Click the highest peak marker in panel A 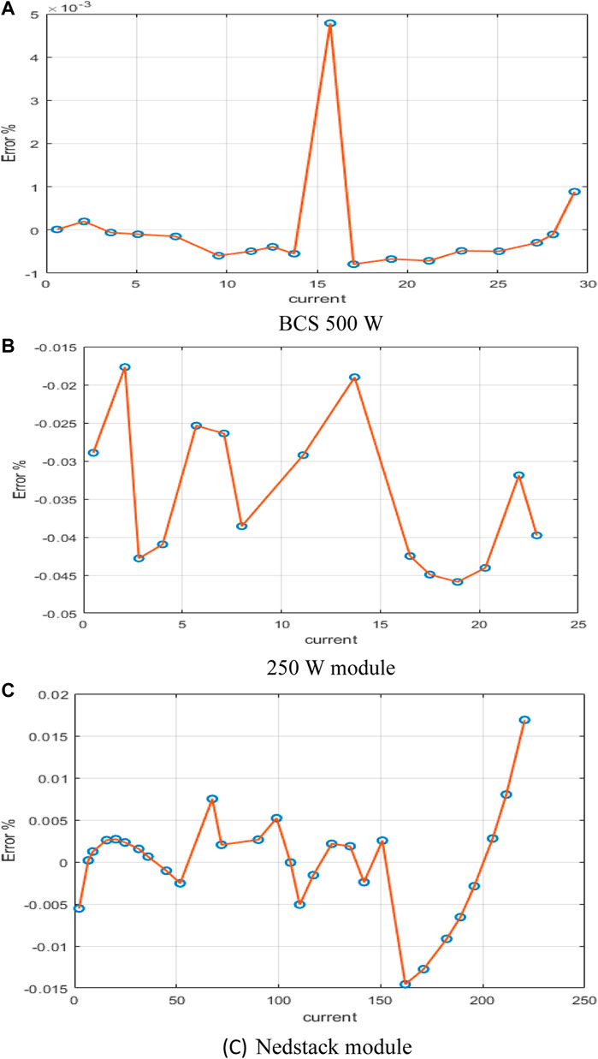[x=330, y=23]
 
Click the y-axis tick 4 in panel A [x=33, y=57]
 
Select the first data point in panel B [x=93, y=453]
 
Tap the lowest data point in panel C [x=406, y=985]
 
